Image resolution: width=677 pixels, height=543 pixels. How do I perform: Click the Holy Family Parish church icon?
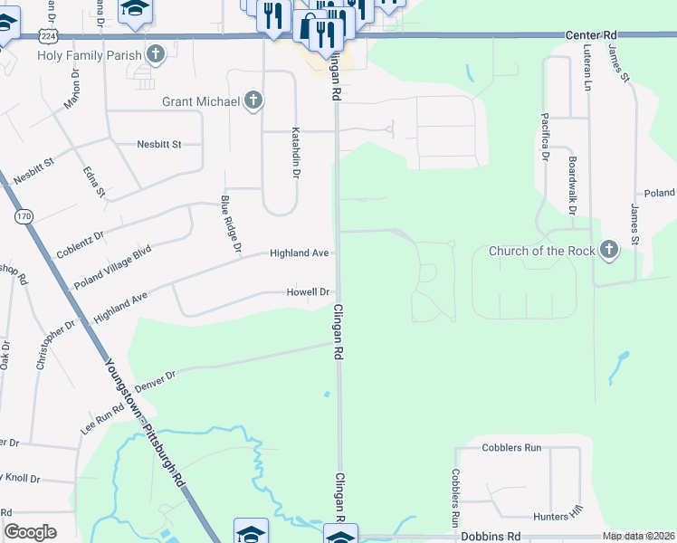156,54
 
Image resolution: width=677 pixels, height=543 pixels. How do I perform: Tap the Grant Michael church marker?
253,101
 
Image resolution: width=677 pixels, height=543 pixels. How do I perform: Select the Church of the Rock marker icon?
609,251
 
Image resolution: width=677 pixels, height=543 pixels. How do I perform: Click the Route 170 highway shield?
24,217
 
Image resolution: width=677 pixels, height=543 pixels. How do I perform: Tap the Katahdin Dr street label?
295,152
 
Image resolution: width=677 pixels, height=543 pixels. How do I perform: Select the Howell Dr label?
308,292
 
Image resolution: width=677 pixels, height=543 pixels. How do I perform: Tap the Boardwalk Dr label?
572,184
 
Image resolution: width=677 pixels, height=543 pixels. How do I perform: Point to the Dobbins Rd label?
491,537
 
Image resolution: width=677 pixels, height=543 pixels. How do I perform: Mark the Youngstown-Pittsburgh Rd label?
145,422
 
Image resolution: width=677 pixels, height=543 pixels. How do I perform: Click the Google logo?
30,532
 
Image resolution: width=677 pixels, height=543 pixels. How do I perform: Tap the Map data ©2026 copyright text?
639,537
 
